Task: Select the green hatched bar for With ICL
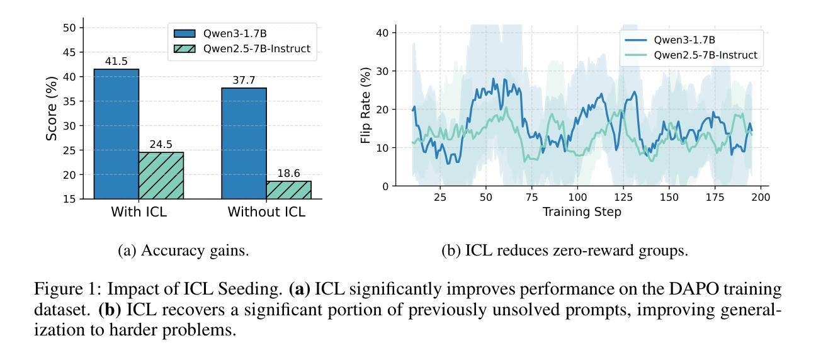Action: click(x=161, y=176)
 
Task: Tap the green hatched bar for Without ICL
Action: click(x=288, y=190)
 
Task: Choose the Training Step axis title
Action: click(x=582, y=212)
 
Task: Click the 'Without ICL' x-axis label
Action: click(x=266, y=212)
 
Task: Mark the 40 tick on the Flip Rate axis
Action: click(x=381, y=32)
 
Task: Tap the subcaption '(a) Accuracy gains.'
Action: click(x=183, y=251)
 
